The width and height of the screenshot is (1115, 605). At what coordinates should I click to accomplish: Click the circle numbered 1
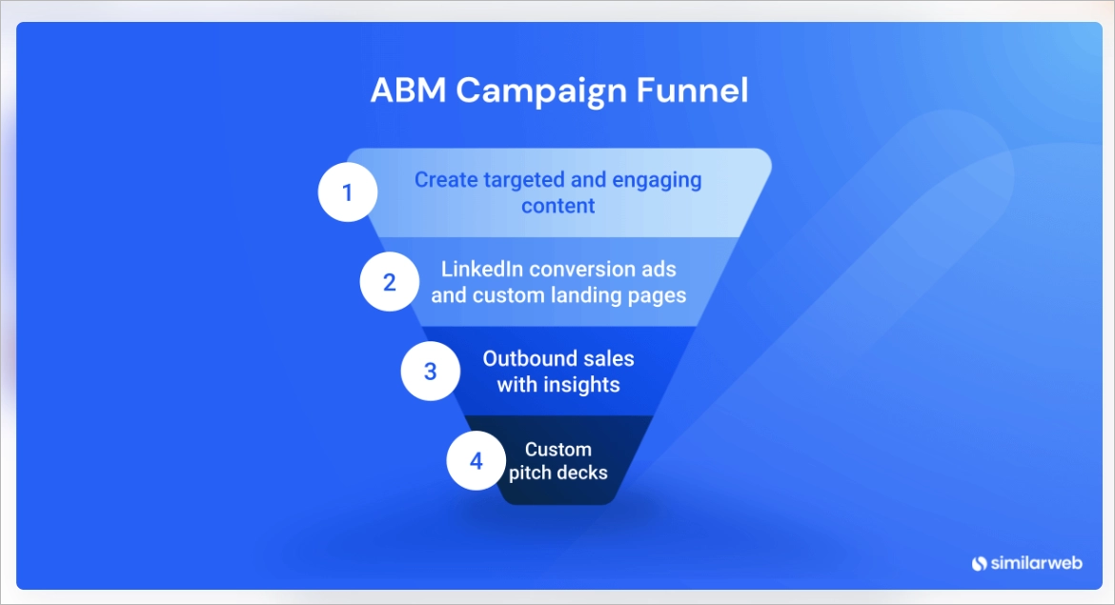click(x=348, y=193)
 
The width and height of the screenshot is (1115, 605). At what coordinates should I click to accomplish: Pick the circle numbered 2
click(x=390, y=283)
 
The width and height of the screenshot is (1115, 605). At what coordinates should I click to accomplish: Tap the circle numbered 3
click(x=431, y=372)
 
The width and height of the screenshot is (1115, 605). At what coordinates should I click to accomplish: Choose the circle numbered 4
click(x=476, y=461)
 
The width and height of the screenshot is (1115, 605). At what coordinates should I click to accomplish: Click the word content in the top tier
click(x=558, y=206)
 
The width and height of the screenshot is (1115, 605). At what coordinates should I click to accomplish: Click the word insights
click(x=581, y=385)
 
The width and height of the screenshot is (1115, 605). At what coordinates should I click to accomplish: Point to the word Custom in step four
click(x=558, y=449)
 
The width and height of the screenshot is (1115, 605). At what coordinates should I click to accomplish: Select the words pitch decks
click(x=558, y=473)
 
